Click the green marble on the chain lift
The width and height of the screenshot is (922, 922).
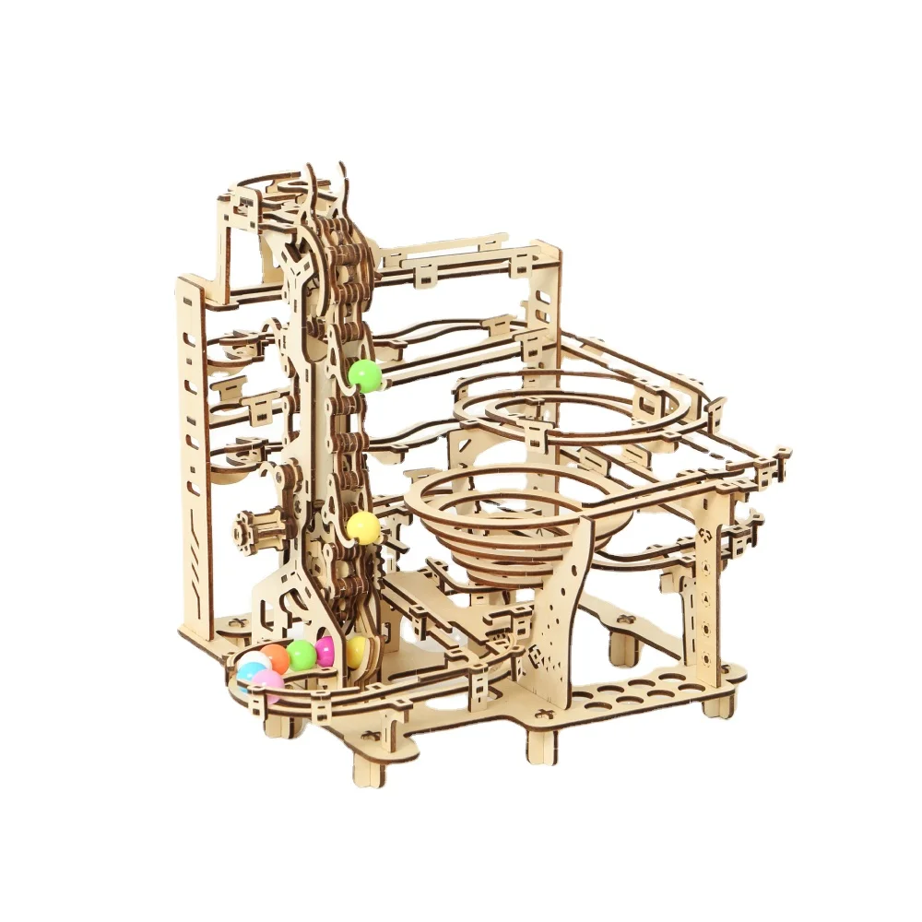tap(364, 375)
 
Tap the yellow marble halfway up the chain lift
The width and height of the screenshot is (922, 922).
tap(362, 527)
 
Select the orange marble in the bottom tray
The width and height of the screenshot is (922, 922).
tap(275, 657)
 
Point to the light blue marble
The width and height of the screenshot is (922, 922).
tap(247, 675)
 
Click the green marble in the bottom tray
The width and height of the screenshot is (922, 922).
tap(301, 655)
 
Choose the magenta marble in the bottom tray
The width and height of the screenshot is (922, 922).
tap(325, 651)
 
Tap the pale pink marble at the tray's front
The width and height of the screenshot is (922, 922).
tap(268, 683)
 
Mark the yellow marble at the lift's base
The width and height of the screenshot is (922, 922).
tap(356, 651)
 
